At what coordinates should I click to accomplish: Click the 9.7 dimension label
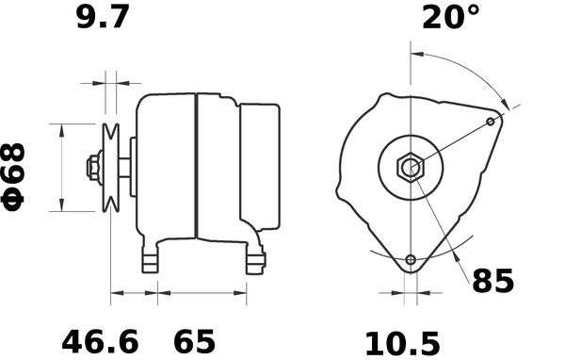[105, 18]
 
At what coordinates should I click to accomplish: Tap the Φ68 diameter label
[19, 175]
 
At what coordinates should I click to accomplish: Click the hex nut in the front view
[411, 168]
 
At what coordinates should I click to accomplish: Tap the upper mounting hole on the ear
[491, 122]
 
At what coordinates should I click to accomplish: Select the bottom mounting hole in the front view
[411, 260]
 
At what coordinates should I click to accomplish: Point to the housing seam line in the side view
[194, 168]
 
